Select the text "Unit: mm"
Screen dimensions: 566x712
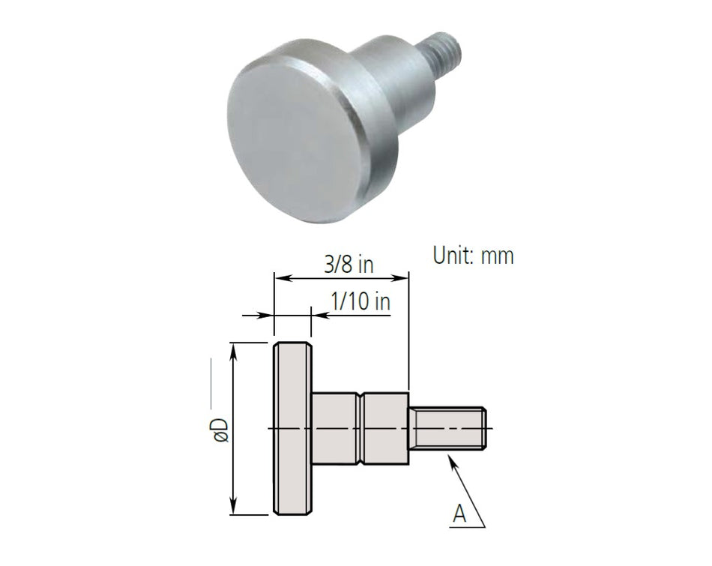click(x=473, y=255)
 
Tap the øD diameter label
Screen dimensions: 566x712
click(x=220, y=428)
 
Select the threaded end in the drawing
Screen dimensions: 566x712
click(x=448, y=428)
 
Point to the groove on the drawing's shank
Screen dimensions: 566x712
click(x=361, y=428)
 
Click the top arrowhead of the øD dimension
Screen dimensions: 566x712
click(x=235, y=349)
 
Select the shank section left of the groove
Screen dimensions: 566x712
click(x=335, y=428)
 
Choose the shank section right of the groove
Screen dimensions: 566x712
click(x=386, y=428)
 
